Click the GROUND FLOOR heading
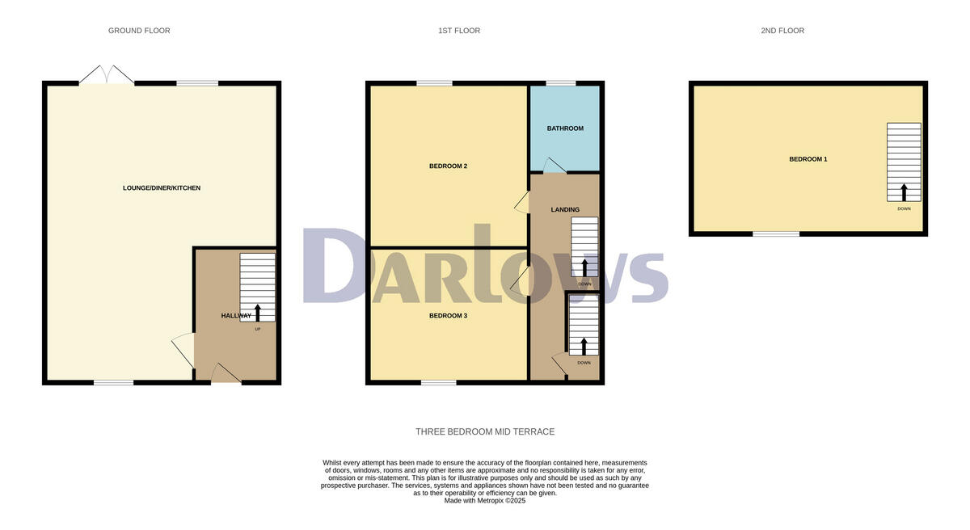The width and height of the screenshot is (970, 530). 139,31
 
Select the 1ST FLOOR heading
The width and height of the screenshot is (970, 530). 459,31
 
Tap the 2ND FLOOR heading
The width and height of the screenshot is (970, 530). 782,31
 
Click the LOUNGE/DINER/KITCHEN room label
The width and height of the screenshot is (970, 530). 162,188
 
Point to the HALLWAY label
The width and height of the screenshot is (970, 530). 236,315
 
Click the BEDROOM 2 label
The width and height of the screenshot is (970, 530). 448,166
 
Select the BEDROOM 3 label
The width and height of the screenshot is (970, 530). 448,316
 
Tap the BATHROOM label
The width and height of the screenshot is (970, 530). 565,128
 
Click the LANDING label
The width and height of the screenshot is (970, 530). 565,210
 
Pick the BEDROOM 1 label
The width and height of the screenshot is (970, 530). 808,159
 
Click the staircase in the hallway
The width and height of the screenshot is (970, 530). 257,287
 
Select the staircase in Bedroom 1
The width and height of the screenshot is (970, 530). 904,162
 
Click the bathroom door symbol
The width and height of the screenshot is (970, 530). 554,166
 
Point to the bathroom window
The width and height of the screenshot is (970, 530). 560,82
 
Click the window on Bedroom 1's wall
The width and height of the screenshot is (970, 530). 776,234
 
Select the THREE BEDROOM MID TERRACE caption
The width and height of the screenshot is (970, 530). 485,432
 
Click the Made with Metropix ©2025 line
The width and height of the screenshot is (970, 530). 485,501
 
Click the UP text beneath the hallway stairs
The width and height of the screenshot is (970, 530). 258,329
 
